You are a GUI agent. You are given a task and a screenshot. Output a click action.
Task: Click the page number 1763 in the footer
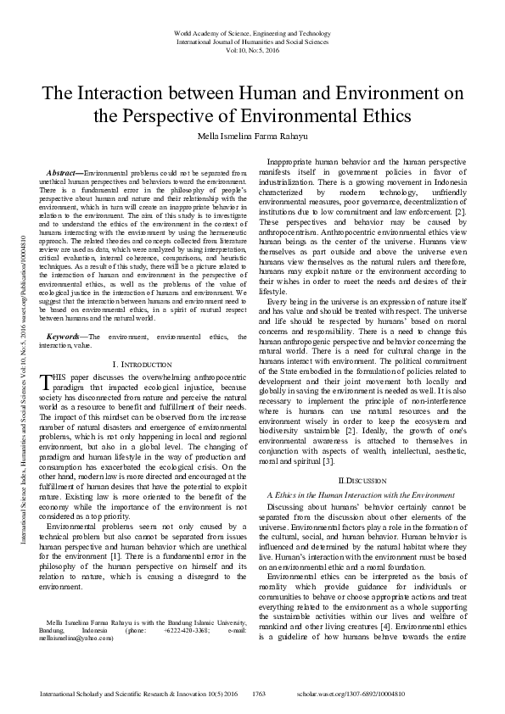click(x=260, y=694)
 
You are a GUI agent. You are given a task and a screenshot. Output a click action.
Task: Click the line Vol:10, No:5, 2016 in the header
click(x=252, y=50)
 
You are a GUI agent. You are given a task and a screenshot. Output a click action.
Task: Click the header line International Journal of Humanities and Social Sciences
click(x=252, y=40)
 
